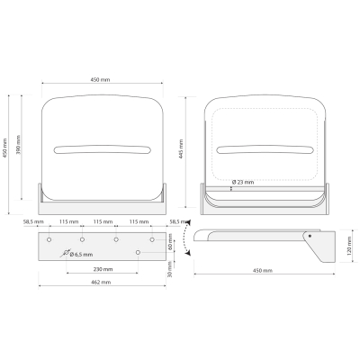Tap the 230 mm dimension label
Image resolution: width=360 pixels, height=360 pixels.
(103, 269)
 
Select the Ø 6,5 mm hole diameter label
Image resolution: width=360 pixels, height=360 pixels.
(81, 255)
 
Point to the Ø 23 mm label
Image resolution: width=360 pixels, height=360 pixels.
(243, 182)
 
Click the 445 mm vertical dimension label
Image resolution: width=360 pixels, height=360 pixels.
(181, 149)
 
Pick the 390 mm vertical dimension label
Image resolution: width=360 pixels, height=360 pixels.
(17, 145)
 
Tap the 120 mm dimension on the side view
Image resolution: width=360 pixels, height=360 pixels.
(348, 246)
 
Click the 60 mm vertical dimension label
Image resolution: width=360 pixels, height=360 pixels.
(170, 242)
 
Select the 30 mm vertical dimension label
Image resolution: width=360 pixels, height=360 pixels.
(170, 269)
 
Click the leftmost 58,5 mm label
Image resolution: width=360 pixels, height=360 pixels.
(33, 221)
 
